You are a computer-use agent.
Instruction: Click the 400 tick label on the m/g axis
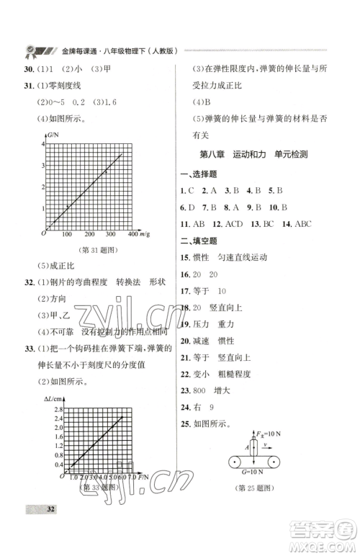(132, 235)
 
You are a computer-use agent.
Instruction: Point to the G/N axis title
(53, 135)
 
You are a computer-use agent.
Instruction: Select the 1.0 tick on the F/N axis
(73, 477)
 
